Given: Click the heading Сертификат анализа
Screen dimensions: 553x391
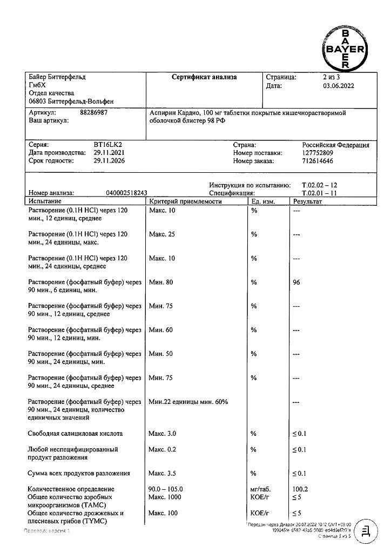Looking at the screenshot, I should (204, 77).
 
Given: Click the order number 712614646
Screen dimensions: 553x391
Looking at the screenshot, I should (320, 161).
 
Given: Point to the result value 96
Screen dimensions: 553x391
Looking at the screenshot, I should (296, 282).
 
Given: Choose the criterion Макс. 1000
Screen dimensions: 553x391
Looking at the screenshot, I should (165, 497).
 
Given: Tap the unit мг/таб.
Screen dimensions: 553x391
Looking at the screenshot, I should (260, 489).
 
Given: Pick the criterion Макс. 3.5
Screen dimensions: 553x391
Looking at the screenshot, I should (162, 473).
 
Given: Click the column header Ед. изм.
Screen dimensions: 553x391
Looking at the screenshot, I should (264, 201).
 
